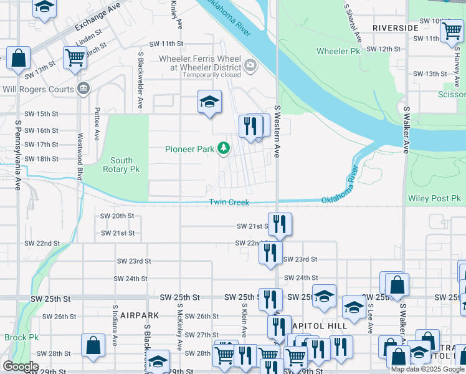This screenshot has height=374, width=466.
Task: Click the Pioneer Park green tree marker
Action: pyautogui.click(x=224, y=149)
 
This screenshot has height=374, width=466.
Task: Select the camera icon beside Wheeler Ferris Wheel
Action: pyautogui.click(x=250, y=64)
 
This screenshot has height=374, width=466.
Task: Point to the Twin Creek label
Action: pyautogui.click(x=229, y=202)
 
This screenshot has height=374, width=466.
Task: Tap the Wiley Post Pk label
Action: pyautogui.click(x=434, y=199)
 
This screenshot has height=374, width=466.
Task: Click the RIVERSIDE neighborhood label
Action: pyautogui.click(x=396, y=28)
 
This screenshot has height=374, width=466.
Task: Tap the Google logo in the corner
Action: pyautogui.click(x=20, y=366)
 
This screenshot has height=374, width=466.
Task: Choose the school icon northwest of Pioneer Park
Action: pyautogui.click(x=210, y=102)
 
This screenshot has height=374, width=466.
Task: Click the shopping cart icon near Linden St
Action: pyautogui.click(x=75, y=57)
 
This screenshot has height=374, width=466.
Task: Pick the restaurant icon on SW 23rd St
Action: pyautogui.click(x=270, y=252)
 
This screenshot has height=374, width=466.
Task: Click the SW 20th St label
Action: pyautogui.click(x=117, y=216)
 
